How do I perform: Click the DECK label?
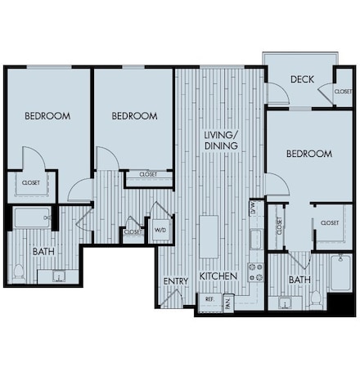click(x=303, y=79)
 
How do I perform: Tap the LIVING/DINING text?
click(x=221, y=140)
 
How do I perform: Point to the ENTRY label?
click(x=175, y=281)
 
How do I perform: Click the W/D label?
click(x=160, y=229)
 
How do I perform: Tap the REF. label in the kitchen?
click(x=209, y=299)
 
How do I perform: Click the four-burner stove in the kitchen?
click(x=255, y=271)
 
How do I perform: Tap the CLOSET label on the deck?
click(x=344, y=92)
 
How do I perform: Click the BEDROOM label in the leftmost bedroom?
click(x=47, y=116)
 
